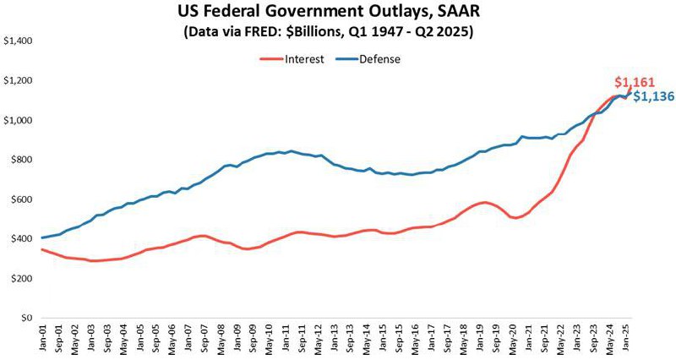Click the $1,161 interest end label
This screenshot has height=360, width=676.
[633, 82]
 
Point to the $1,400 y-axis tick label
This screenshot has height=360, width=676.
[18, 41]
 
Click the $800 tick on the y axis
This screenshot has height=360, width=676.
[20, 160]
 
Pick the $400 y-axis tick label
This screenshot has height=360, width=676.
[20, 239]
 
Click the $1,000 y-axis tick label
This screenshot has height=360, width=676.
[18, 120]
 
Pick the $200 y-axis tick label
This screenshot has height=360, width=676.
[20, 279]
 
